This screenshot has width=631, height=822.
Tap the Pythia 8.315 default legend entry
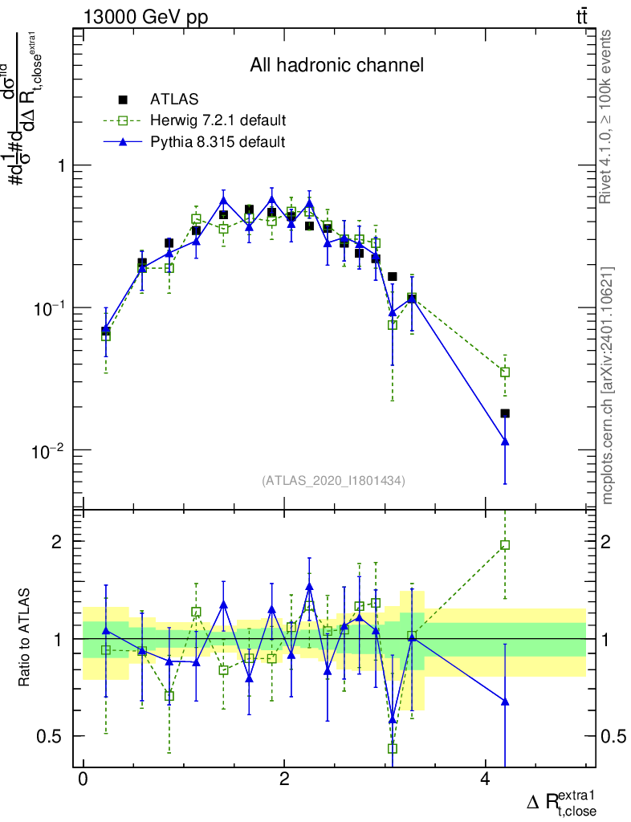(x=218, y=143)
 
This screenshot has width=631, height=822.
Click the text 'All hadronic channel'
(x=336, y=65)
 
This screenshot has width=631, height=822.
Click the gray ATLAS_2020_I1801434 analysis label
(x=333, y=481)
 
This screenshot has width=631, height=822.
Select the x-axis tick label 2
(x=284, y=780)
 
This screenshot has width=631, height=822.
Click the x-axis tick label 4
(x=485, y=780)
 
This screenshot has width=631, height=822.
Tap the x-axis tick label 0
(x=83, y=780)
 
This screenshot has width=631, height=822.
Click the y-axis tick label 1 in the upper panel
(x=61, y=165)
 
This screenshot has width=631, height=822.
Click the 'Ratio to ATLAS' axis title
(x=24, y=638)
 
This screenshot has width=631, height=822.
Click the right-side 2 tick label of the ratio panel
(x=608, y=542)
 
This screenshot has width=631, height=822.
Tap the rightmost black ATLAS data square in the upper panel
(x=505, y=413)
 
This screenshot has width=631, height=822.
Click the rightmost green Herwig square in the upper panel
(x=505, y=372)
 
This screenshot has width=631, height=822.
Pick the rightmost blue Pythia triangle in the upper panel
(x=505, y=441)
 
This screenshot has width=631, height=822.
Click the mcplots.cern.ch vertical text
(x=609, y=385)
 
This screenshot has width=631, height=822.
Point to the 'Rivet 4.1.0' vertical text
(x=609, y=116)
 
